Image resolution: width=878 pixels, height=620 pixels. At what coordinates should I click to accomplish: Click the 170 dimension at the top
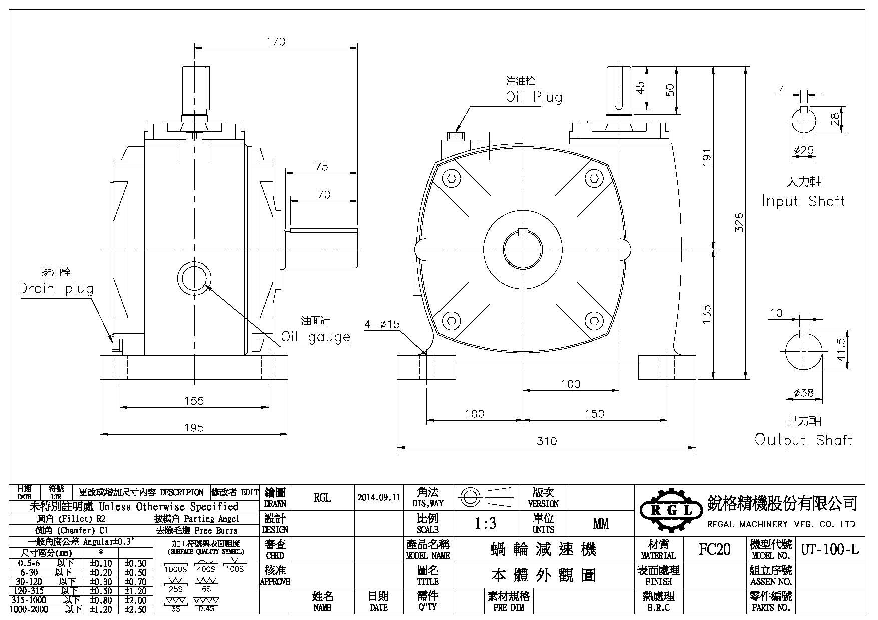point(276,42)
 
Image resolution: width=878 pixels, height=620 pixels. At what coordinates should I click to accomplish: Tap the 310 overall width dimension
point(547,441)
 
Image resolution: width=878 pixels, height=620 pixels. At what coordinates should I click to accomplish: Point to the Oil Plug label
point(534,97)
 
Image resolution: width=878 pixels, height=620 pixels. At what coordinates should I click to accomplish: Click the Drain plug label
point(56,289)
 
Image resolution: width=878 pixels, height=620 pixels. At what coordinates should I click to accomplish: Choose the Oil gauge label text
point(315,337)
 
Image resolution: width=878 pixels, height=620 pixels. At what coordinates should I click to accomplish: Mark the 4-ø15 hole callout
point(382,324)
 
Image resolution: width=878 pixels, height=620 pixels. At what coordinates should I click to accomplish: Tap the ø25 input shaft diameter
point(804,150)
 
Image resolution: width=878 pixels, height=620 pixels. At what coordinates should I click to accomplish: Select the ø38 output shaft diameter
point(804,393)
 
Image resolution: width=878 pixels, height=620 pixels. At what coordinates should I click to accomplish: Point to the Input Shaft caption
point(803,201)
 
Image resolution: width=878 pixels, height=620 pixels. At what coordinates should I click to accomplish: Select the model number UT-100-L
point(830,550)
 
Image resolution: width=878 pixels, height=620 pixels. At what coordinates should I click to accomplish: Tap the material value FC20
point(714,550)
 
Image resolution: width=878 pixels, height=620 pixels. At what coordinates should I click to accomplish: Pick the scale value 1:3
point(485,523)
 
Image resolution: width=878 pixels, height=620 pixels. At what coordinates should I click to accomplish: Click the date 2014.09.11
point(379,497)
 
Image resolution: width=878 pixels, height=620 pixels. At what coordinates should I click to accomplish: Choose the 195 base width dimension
point(194,428)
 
